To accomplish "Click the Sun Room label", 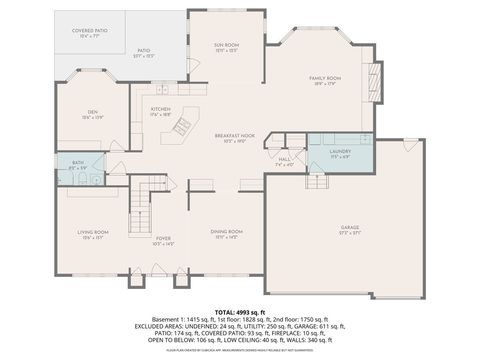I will pos(225,46).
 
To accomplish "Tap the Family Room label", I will pos(325,78).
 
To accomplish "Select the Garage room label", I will pos(349,229).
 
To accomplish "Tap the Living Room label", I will pos(93,234).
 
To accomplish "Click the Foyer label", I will pos(162,239).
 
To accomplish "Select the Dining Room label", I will pos(225,234).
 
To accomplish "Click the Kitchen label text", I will pos(161,110).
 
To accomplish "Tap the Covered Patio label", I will pos(89,33).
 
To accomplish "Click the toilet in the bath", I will pos(97,180).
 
